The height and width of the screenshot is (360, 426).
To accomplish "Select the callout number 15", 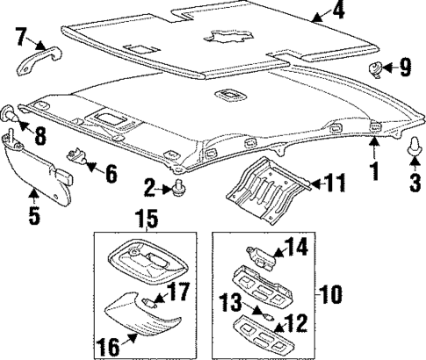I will point(145,216).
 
